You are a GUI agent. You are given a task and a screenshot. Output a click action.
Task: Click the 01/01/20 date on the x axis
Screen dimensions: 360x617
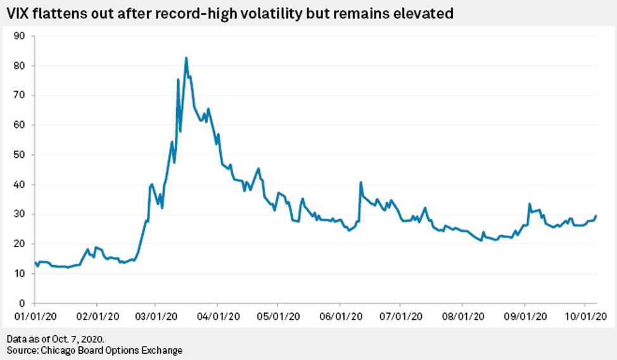[34, 315]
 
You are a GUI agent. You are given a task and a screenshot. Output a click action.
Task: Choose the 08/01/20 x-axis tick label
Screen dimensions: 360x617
[462, 315]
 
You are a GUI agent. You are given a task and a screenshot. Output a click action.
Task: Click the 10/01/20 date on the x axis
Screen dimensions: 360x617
[584, 315]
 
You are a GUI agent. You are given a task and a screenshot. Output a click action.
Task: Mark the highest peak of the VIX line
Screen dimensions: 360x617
[186, 58]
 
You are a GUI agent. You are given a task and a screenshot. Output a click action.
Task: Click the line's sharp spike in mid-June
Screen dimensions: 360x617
[360, 183]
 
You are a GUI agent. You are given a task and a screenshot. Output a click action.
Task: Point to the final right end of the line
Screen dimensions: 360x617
[596, 216]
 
